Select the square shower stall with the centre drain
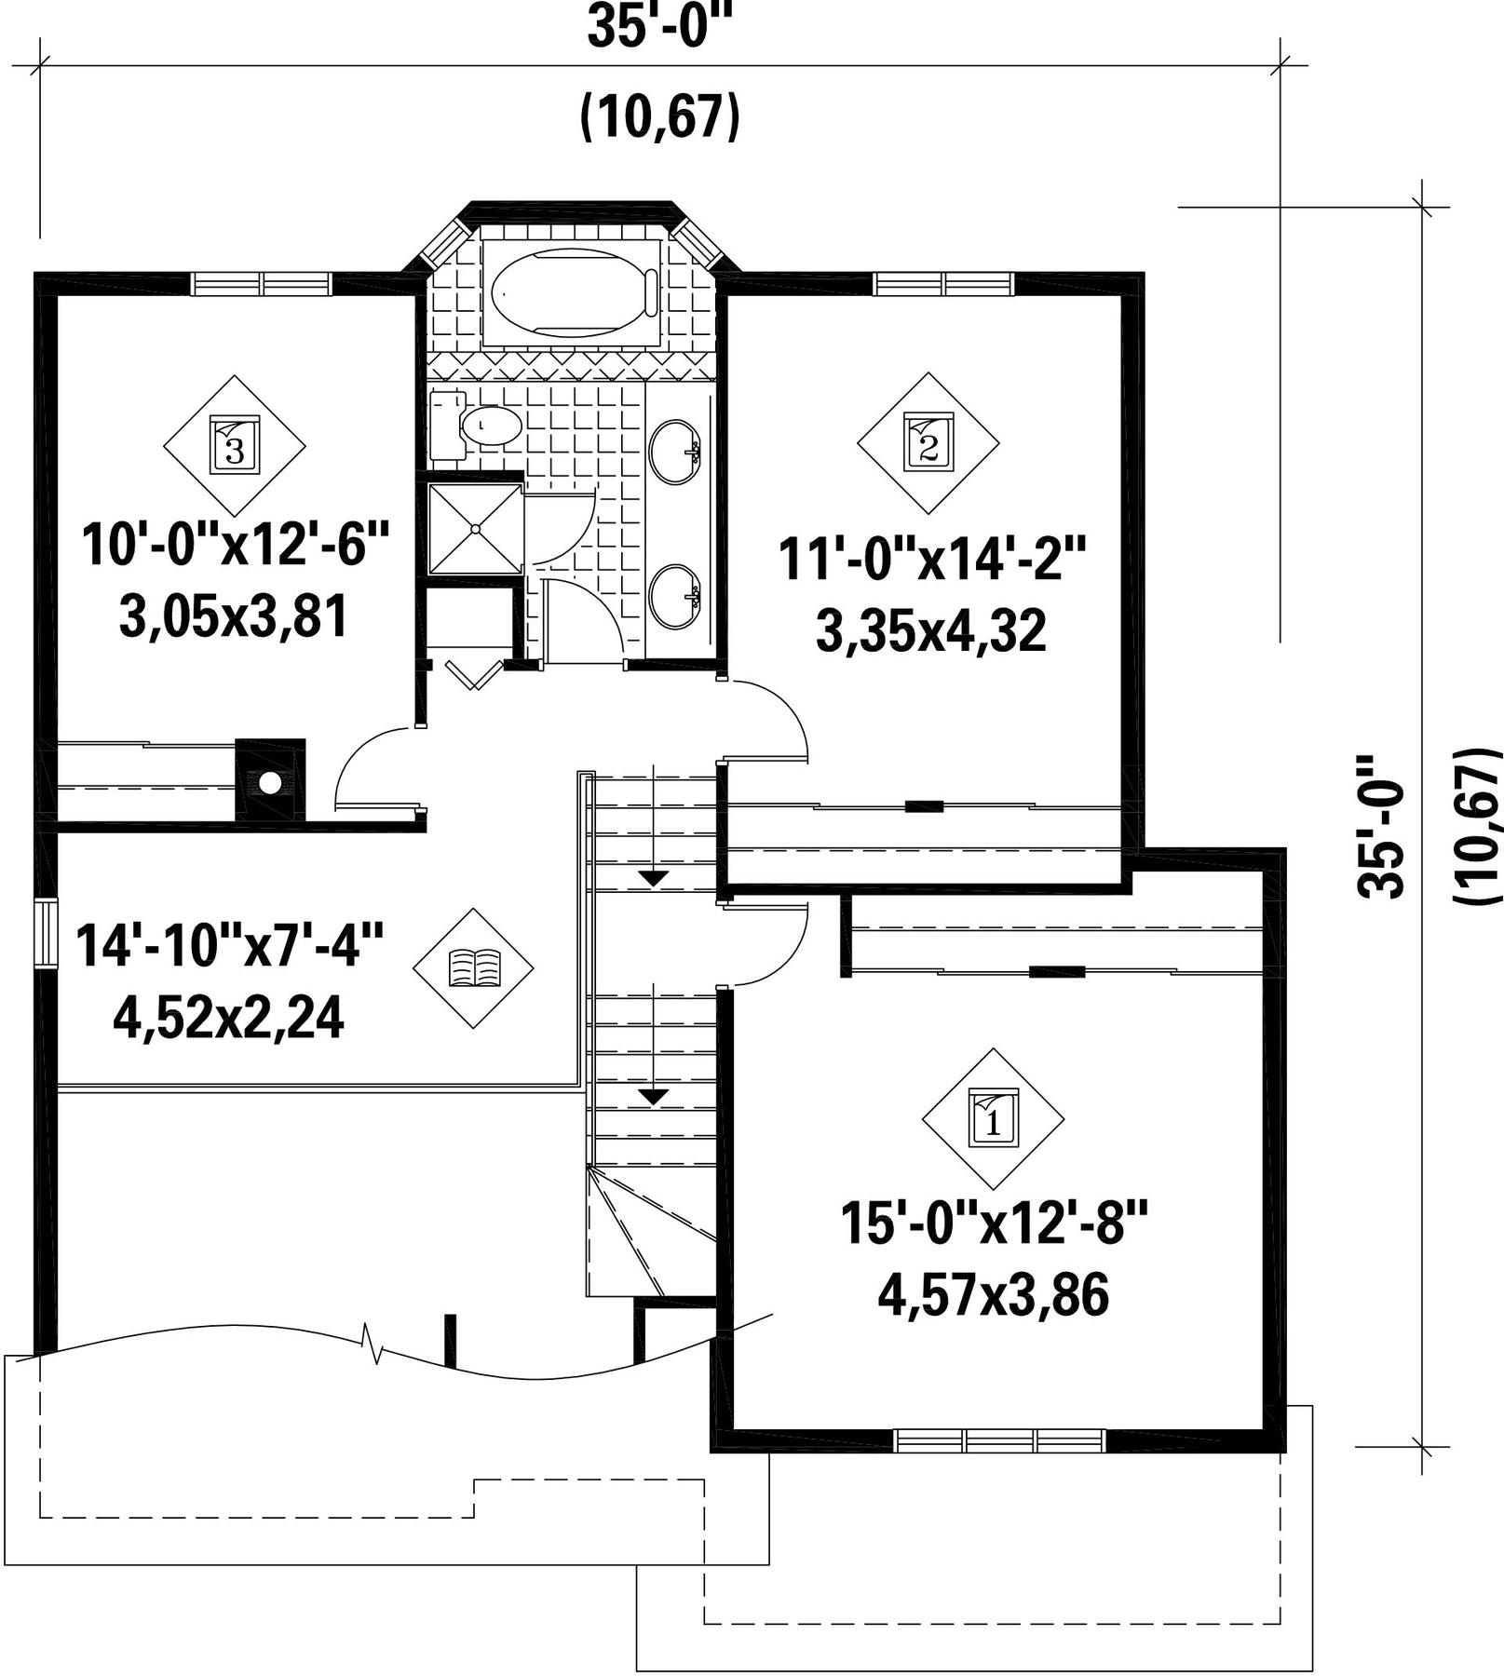(475, 529)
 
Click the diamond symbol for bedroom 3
(235, 446)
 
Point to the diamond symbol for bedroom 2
(928, 443)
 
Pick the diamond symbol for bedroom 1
(994, 1119)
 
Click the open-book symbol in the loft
(474, 968)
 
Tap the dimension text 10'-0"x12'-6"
(234, 546)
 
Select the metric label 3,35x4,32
(930, 631)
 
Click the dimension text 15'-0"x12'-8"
(994, 1223)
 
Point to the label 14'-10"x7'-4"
(229, 945)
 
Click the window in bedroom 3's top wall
(262, 283)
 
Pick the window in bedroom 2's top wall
(943, 283)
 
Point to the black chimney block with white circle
(270, 779)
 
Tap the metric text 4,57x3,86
(994, 1295)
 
